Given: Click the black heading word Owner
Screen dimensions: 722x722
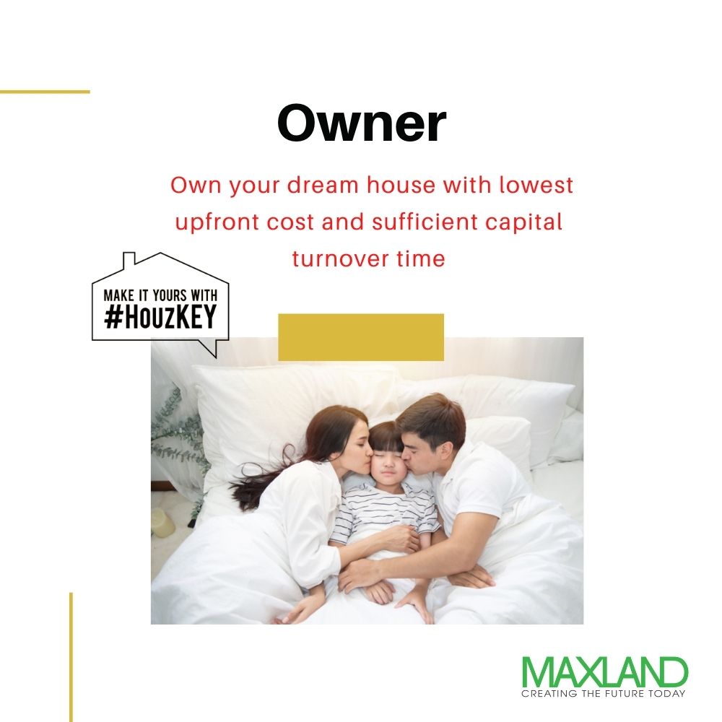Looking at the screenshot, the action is point(362,123).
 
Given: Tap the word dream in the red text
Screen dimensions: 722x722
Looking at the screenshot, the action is point(323,186).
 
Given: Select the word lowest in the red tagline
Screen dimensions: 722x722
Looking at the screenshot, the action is point(536,185).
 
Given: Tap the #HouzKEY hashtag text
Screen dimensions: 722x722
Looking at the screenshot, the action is point(160,317).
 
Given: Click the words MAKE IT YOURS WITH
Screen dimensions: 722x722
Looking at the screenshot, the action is point(160,295).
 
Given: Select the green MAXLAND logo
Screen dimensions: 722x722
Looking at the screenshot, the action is point(604,671).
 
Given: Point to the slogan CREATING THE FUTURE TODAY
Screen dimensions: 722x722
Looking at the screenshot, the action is point(603,693).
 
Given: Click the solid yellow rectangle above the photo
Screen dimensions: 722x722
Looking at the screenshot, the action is point(361,337).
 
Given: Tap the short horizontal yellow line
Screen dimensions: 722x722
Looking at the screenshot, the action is point(45,92).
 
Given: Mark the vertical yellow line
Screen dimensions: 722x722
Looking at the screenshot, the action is point(71,657).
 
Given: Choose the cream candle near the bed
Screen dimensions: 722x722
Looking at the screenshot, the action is point(162,523).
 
